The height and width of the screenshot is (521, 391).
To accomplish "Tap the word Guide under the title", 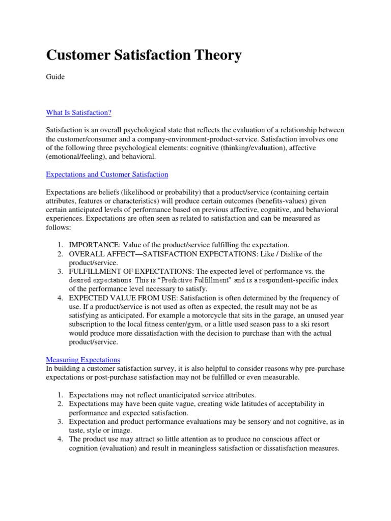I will [x=55, y=77].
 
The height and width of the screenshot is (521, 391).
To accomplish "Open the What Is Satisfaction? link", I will [x=78, y=112].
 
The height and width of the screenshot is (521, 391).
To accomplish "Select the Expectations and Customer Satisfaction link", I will [x=107, y=174].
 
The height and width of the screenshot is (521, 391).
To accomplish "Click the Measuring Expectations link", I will [x=83, y=359].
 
